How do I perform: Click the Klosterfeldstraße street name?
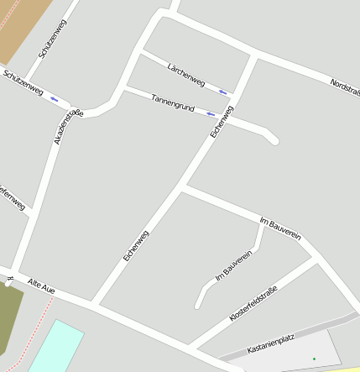253,304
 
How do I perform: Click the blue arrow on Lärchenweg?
222,92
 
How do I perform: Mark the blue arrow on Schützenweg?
55,99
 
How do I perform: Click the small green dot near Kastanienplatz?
315,359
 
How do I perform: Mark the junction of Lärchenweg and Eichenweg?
252,57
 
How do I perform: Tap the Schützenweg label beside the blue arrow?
23,84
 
